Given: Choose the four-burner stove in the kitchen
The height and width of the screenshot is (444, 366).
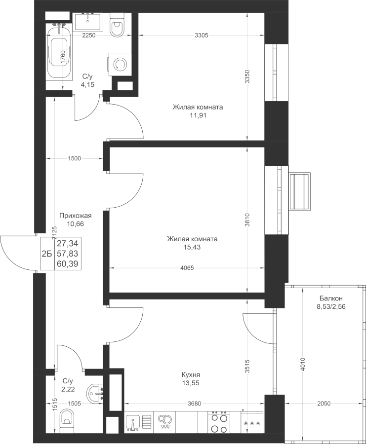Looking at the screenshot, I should [218, 422].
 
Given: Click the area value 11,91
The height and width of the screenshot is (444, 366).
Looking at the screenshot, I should [198, 116].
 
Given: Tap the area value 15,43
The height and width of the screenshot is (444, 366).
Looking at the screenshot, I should [192, 248].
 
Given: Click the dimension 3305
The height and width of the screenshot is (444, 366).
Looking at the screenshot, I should [202, 35].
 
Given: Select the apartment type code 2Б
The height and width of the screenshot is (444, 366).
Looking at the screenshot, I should [47, 254].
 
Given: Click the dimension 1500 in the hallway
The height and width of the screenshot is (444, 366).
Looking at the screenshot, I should [75, 158].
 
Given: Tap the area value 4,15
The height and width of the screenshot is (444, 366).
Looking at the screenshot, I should [87, 84].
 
